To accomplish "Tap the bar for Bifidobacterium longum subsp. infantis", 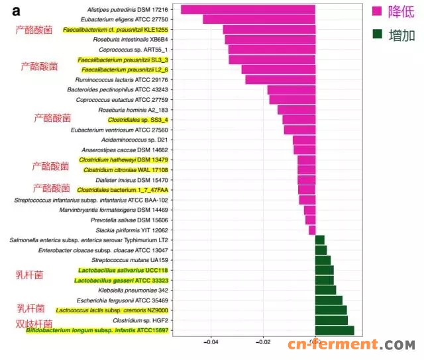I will coord(335,330).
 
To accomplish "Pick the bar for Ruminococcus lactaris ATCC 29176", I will coord(280,79).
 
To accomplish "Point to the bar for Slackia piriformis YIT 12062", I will coord(312,230).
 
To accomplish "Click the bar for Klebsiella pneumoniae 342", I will coord(326,290).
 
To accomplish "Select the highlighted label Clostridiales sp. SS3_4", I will coord(138,120).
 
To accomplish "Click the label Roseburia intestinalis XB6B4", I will coord(126,39).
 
